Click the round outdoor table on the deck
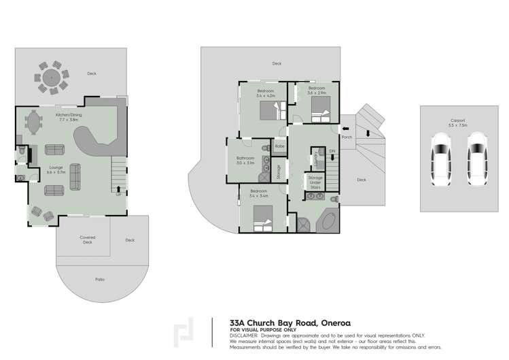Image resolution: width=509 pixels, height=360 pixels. [x=52, y=78]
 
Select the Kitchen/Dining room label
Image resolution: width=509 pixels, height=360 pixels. [x=69, y=117]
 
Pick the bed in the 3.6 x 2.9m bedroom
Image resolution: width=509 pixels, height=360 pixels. [x=320, y=108]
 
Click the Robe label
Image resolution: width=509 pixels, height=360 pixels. [x=279, y=146]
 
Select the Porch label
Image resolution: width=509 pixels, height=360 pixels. [x=347, y=136]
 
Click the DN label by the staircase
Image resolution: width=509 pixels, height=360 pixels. [x=332, y=151]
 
